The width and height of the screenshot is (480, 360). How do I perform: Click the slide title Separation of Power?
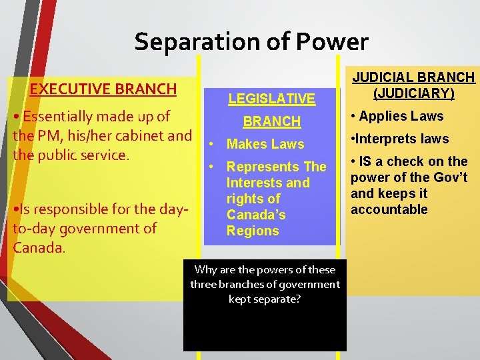click(251, 42)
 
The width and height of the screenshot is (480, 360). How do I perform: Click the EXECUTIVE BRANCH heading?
click(103, 89)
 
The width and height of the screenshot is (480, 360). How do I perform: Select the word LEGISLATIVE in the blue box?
click(271, 99)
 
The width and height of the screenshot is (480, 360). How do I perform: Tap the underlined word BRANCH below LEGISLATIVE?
click(271, 121)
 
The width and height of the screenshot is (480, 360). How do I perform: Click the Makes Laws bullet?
click(265, 144)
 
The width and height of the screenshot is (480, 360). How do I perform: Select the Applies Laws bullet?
click(401, 116)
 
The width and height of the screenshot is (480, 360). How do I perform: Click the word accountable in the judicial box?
click(389, 209)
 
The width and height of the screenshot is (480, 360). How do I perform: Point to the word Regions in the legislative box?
click(253, 231)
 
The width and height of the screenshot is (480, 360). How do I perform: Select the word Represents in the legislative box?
click(257, 167)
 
